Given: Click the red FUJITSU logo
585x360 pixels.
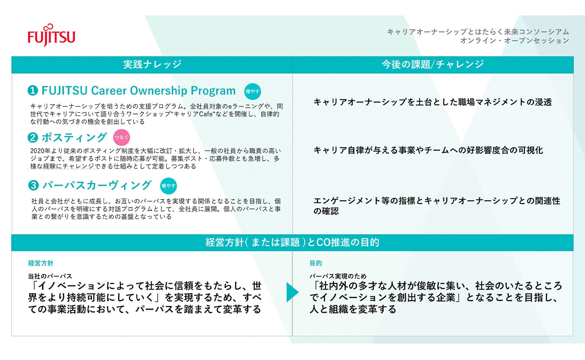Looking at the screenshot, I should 51,36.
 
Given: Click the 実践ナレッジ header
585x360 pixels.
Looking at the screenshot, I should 152,64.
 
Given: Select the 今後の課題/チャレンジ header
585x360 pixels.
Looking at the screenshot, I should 432,64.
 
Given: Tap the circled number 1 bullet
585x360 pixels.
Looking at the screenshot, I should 33,91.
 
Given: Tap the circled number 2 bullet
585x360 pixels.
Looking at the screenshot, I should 33,138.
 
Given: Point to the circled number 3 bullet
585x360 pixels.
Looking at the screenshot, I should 33,185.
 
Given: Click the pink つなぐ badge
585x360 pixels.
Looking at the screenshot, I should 121,137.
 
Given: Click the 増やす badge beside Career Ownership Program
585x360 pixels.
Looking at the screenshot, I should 252,91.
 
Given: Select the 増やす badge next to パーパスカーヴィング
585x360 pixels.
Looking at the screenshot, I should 168,186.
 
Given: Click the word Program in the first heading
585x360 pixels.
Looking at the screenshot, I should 213,91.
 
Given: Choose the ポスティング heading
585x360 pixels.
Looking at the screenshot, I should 74,138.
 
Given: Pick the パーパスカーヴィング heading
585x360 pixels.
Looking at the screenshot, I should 96,185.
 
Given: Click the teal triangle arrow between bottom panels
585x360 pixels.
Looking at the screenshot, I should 292,292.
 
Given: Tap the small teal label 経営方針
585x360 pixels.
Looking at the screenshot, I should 41,263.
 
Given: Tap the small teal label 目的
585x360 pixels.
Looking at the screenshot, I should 315,263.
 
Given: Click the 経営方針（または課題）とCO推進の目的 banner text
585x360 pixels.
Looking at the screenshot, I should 292,243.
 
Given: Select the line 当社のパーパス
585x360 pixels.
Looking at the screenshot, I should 50,276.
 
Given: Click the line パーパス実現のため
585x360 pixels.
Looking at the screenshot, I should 337,276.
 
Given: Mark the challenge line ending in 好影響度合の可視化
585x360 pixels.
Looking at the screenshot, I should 428,150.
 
